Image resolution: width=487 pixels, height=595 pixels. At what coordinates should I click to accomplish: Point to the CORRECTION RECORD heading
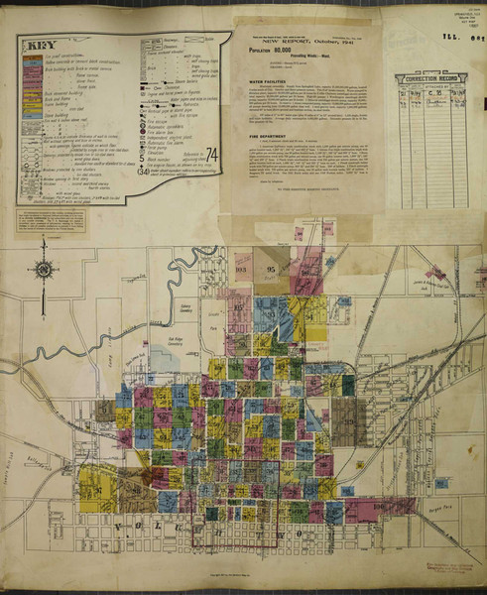430,78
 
